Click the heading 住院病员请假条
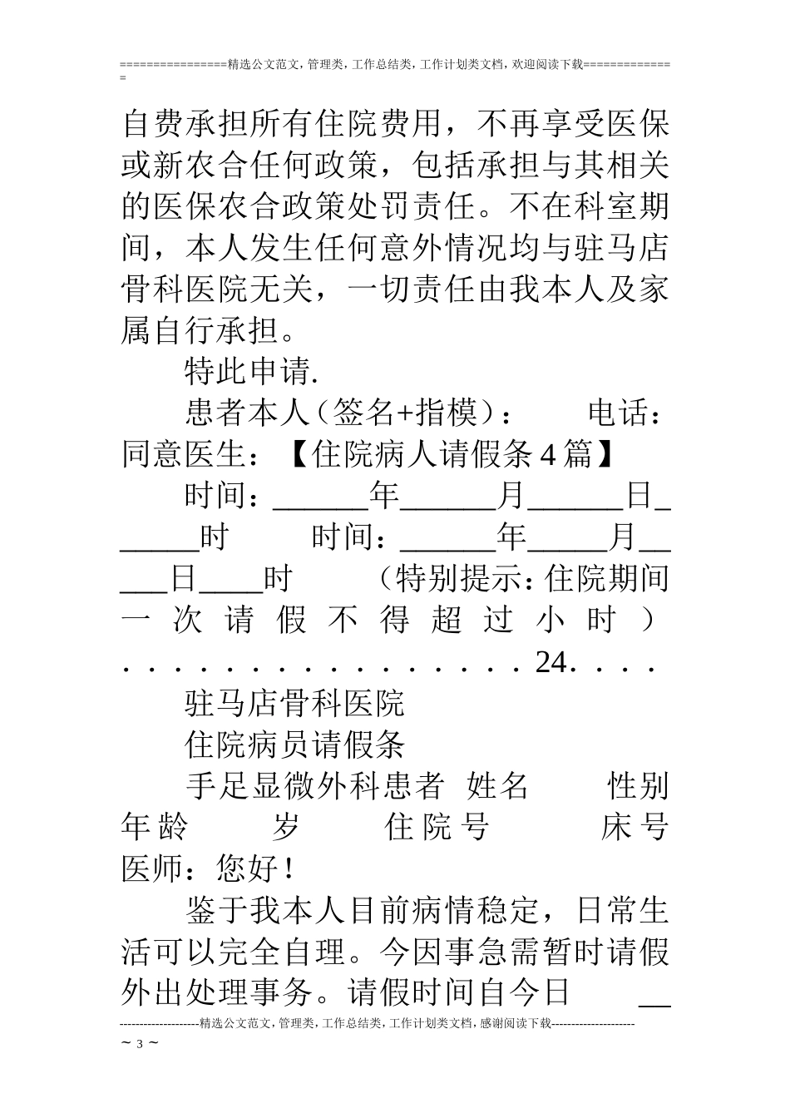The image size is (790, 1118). (x=294, y=745)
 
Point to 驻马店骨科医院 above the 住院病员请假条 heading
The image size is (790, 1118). (x=294, y=704)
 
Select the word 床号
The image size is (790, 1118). (x=634, y=828)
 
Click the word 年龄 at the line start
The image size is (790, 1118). (x=154, y=828)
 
